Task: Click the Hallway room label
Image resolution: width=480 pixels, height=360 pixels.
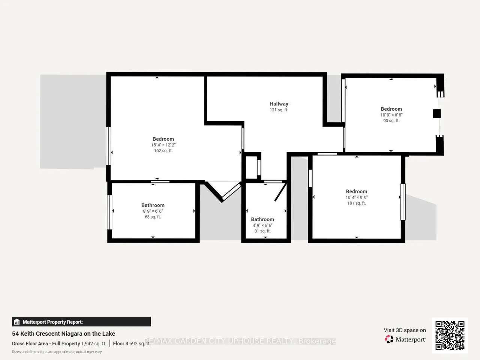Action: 279,104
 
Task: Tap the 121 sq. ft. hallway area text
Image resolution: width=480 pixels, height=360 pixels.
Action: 279,110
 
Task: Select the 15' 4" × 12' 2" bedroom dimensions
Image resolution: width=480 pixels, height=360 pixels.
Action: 163,145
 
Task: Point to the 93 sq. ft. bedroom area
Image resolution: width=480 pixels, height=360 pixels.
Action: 391,121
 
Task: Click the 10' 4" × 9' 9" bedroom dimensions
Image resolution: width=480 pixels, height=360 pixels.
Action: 357,197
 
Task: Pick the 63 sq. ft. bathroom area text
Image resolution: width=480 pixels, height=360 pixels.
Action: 153,217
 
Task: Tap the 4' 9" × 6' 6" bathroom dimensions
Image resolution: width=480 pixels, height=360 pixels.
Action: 262,225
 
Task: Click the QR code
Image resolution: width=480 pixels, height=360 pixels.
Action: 450,335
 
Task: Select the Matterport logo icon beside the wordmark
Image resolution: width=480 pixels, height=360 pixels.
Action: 389,339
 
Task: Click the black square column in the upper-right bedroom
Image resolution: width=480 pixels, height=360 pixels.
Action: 437,114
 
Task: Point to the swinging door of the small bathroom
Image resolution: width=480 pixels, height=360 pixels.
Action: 280,192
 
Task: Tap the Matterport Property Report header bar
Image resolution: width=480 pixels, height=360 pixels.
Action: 81,322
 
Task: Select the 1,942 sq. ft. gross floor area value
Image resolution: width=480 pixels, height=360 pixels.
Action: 94,343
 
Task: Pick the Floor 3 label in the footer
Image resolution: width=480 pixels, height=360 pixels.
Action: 120,343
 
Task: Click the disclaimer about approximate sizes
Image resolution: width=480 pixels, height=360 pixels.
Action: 57,352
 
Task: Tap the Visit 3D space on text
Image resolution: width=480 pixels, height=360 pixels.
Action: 405,330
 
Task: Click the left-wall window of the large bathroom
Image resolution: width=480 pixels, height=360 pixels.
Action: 109,212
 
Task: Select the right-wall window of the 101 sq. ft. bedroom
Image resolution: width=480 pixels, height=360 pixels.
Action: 403,202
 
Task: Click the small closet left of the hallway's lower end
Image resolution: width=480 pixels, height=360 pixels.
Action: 252,167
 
